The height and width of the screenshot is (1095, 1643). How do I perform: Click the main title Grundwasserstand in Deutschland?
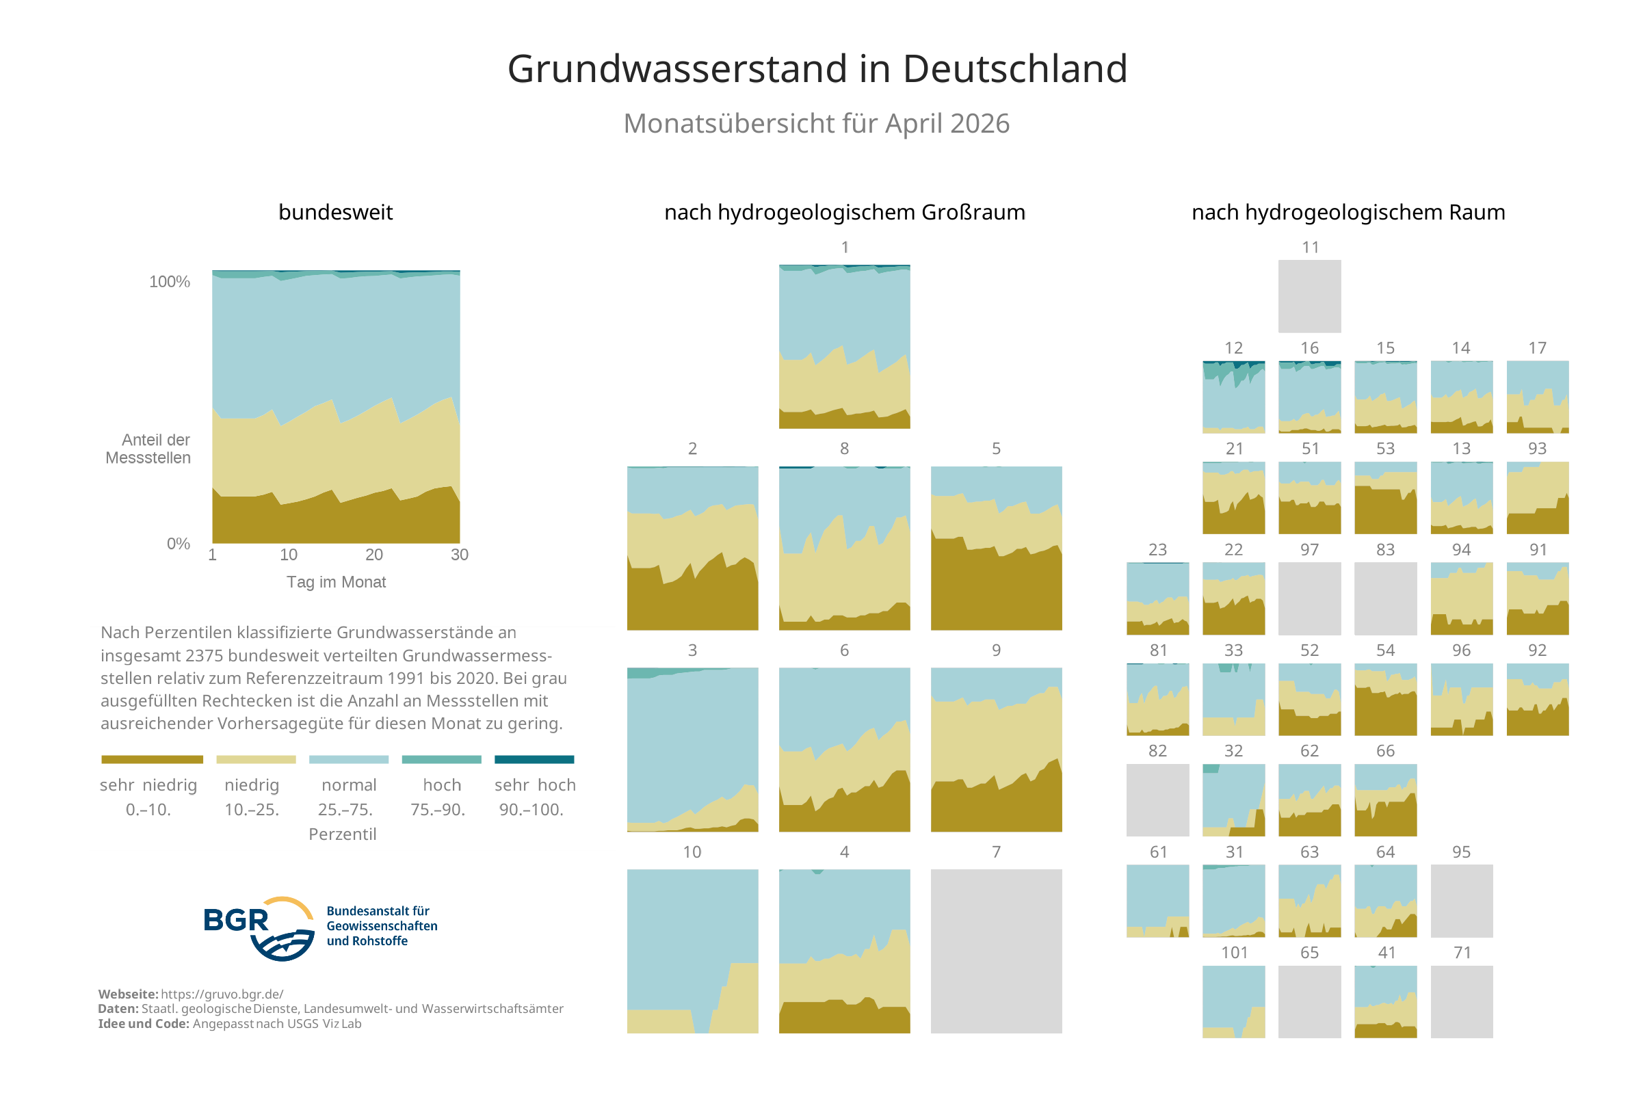point(816,68)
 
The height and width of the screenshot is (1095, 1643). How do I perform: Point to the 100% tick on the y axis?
point(169,281)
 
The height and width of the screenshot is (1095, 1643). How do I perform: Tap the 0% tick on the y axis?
point(178,543)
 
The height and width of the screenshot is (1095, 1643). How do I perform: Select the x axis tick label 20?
point(373,555)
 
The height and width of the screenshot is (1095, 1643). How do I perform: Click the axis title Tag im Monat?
point(336,582)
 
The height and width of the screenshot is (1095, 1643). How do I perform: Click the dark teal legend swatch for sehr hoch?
point(534,759)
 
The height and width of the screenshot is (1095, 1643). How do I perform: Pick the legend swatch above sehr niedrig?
point(152,759)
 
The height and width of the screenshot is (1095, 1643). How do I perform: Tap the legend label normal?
point(348,785)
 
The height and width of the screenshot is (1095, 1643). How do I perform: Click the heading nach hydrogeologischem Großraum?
point(844,212)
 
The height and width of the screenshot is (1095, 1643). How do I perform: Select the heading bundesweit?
point(335,212)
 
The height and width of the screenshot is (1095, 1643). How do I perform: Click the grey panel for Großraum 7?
point(996,951)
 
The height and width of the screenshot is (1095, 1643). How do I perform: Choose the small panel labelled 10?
point(692,951)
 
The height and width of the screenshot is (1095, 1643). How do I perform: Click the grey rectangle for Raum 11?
point(1309,296)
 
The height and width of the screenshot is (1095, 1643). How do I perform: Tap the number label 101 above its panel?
point(1233,953)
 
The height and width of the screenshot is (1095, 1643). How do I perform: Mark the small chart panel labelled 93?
point(1537,497)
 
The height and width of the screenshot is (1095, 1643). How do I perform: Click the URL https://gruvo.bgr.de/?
point(222,994)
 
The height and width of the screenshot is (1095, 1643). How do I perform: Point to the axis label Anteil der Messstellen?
point(148,449)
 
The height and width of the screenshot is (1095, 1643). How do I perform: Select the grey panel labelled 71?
point(1461,1001)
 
